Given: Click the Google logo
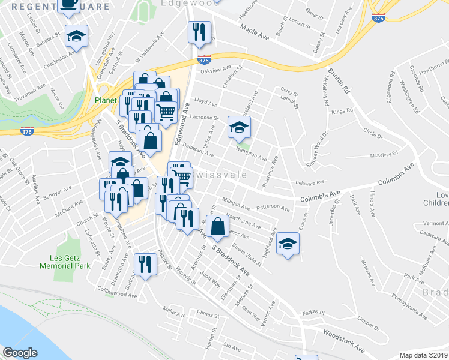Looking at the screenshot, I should (x=20, y=353).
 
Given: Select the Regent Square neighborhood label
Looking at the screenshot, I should (x=61, y=7).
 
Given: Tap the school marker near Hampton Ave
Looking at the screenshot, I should (x=239, y=127).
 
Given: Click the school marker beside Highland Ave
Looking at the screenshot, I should (x=288, y=244).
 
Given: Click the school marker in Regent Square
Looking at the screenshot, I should (x=76, y=37).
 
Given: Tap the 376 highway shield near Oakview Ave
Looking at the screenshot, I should (x=203, y=60).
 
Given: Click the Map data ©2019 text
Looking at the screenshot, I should (x=423, y=355).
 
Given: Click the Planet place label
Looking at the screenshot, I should (x=104, y=101).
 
